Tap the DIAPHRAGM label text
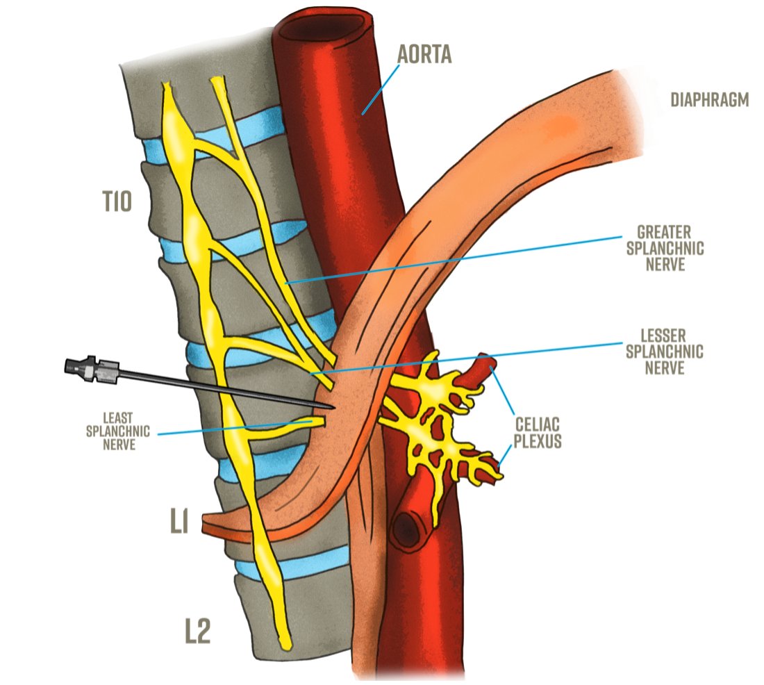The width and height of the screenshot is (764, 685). [x=709, y=100]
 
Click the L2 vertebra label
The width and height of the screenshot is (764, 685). [x=197, y=632]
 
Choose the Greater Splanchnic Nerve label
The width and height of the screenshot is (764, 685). [x=661, y=247]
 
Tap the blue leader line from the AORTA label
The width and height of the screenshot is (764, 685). [x=381, y=87]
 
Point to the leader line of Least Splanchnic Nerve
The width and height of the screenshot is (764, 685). [x=229, y=427]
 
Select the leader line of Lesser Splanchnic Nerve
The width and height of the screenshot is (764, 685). [x=472, y=355]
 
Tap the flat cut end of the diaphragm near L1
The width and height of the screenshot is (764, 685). [x=206, y=525]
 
